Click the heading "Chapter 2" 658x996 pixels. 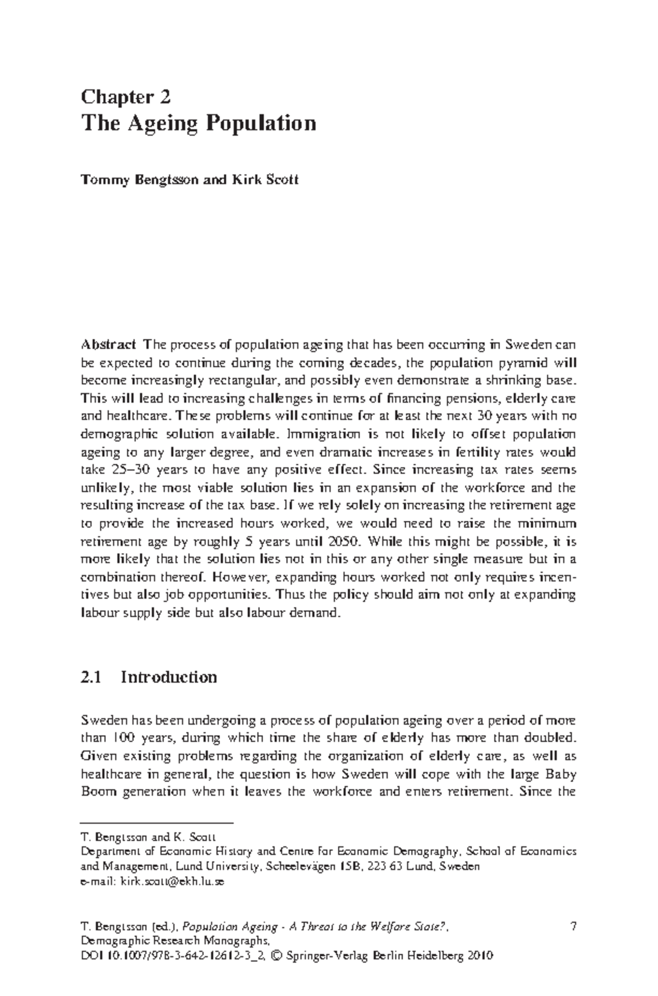click(126, 97)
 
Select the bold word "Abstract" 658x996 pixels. click(108, 345)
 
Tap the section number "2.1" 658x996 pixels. click(91, 677)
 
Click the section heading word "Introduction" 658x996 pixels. click(169, 677)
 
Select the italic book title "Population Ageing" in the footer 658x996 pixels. click(229, 927)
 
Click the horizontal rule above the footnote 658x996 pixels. click(157, 823)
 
